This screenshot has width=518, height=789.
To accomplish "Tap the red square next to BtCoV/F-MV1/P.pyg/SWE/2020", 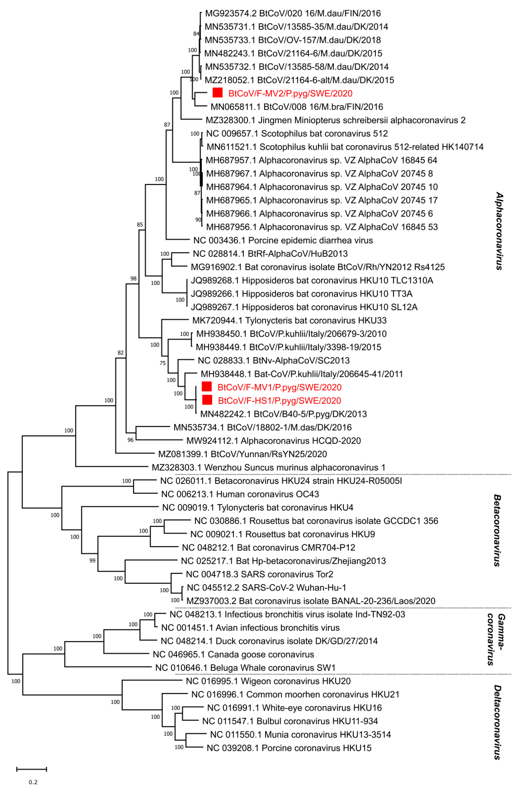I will pyautogui.click(x=207, y=387).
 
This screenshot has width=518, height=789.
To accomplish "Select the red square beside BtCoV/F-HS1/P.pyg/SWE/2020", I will pyautogui.click(x=207, y=400).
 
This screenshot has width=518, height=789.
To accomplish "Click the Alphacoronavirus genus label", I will pyautogui.click(x=499, y=231).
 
